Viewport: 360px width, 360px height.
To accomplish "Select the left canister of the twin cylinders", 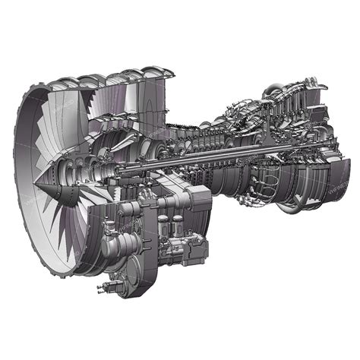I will (x=163, y=226).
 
